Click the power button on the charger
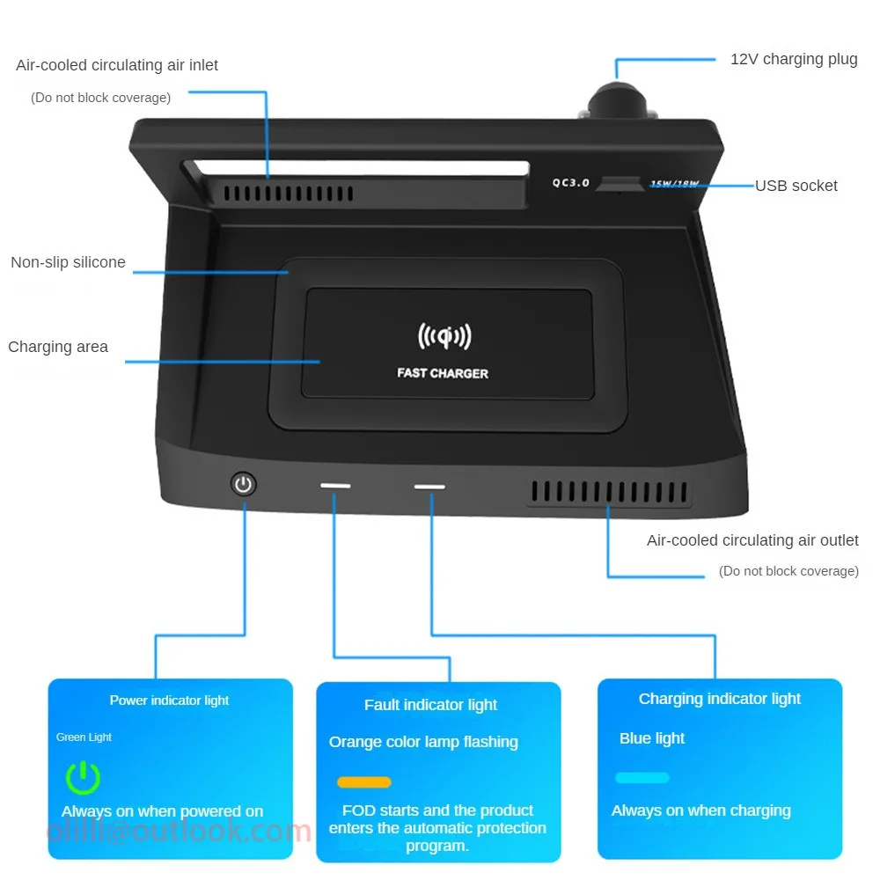pos(244,483)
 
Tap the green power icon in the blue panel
pos(84,778)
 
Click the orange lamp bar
pos(364,781)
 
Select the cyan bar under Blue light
pos(642,778)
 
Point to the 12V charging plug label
pos(794,60)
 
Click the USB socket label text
pos(796,186)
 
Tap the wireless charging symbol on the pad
pos(444,336)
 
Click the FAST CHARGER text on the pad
pos(443,373)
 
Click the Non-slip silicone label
pos(68,262)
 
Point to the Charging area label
pos(58,347)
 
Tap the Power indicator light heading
pos(169,700)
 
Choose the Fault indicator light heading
pos(430,705)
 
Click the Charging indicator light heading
pos(720,699)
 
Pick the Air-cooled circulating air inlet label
pos(117,65)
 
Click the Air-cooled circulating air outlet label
pos(752,540)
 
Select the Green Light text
pos(84,737)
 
